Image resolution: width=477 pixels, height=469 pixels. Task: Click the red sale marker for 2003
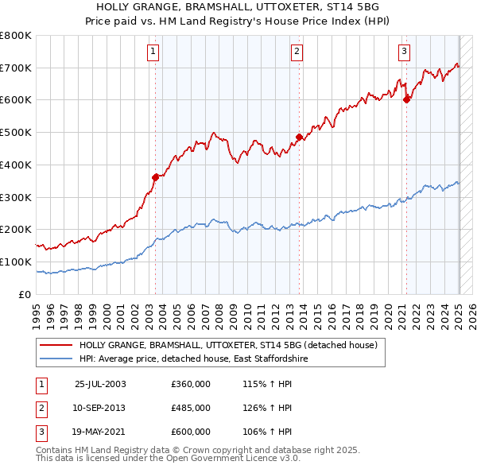[x=155, y=177]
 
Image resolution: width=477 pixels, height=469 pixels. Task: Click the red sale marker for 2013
[x=299, y=137]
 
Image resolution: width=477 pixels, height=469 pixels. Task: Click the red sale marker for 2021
[x=406, y=99]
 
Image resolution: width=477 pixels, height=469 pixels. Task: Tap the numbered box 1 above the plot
[x=153, y=52]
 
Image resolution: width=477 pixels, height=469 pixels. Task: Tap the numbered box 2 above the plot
[x=297, y=52]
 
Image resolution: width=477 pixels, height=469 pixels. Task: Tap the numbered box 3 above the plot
[x=404, y=52]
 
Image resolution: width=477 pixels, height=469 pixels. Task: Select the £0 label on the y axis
[x=24, y=294]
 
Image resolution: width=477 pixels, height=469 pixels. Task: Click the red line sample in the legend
[x=56, y=346]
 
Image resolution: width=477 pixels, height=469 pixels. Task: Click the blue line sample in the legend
[x=56, y=359]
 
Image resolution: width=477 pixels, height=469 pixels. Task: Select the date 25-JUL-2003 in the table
[x=100, y=384]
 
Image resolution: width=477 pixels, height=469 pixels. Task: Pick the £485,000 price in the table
[x=191, y=408]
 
